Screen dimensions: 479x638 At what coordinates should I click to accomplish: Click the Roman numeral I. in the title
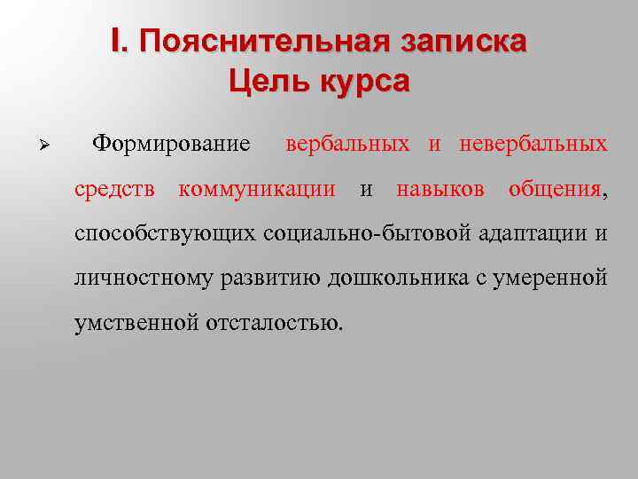point(121,41)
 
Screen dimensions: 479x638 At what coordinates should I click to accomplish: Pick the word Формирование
point(172,143)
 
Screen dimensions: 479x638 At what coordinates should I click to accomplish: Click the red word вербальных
point(347,143)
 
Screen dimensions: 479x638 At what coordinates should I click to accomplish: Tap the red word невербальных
point(533,143)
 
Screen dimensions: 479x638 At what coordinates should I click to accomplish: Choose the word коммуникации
point(257,188)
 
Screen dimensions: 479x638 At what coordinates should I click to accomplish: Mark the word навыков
point(440,188)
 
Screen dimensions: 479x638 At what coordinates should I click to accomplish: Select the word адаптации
point(534,233)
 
